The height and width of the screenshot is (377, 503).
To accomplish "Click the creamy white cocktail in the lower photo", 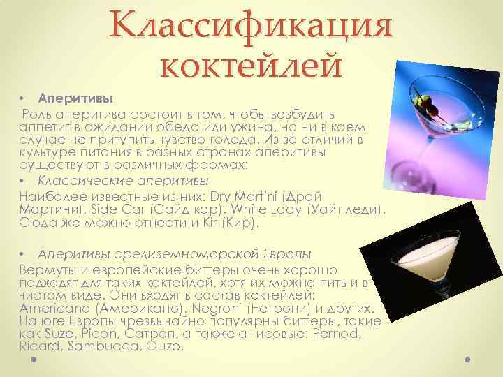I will pyautogui.click(x=420, y=264).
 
